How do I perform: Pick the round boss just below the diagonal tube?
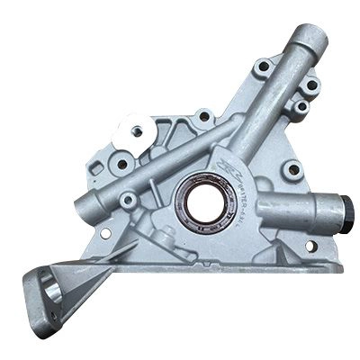click(129, 200)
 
